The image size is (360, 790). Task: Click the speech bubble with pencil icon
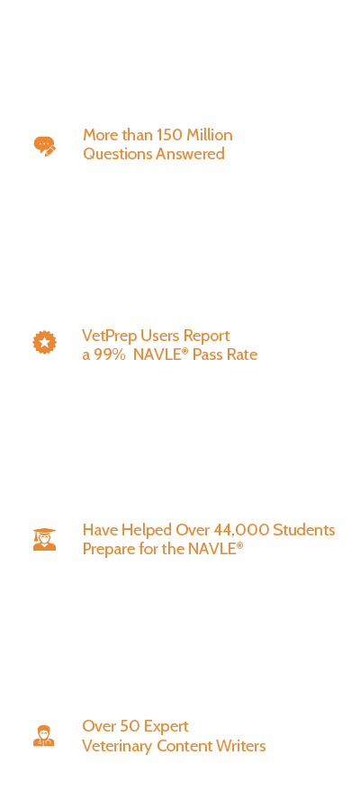point(44,146)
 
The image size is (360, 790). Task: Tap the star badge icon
point(44,343)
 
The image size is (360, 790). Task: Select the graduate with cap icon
point(44,539)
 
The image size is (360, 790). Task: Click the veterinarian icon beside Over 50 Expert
point(44,736)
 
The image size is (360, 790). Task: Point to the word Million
point(210,135)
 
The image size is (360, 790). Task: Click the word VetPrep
point(110,336)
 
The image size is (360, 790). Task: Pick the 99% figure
point(110,355)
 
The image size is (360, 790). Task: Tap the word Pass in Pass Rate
point(206,355)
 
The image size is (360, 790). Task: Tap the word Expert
point(166,727)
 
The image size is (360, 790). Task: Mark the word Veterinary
point(118,746)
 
